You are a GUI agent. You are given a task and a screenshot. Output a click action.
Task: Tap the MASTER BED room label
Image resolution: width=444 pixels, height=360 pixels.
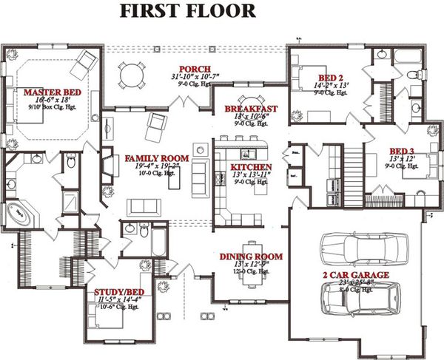click(47, 92)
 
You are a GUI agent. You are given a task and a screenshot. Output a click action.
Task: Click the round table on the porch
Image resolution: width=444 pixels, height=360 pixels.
click(132, 74)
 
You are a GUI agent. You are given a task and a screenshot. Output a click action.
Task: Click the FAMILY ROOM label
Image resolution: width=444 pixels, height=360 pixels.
click(155, 158)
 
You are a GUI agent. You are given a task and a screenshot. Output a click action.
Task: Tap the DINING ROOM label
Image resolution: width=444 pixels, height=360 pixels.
click(251, 257)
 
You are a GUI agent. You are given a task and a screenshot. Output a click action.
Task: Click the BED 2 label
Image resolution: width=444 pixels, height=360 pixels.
click(331, 77)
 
